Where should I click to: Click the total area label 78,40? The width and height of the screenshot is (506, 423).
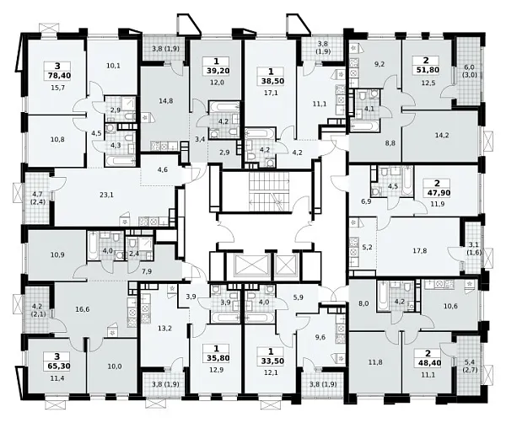pos(57,76)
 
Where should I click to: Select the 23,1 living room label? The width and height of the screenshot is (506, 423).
pos(106,195)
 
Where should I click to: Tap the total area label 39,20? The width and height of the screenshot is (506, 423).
pos(216,71)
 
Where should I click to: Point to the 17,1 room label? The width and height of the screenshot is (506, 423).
pos(271,93)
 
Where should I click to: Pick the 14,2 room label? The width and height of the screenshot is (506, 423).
pos(442,135)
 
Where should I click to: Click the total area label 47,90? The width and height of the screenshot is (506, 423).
pos(437,193)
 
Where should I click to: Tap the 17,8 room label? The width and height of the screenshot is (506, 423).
pos(420,250)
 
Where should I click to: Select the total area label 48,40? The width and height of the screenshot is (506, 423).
pos(428,362)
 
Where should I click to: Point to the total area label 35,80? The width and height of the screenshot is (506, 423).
pos(216,357)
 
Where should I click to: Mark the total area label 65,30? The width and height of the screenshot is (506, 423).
pos(57,366)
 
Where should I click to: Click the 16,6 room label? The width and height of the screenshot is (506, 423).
pos(83,309)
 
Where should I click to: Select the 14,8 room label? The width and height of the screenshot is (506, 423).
pos(166,101)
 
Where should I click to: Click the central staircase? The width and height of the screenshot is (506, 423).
pos(266,191)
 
